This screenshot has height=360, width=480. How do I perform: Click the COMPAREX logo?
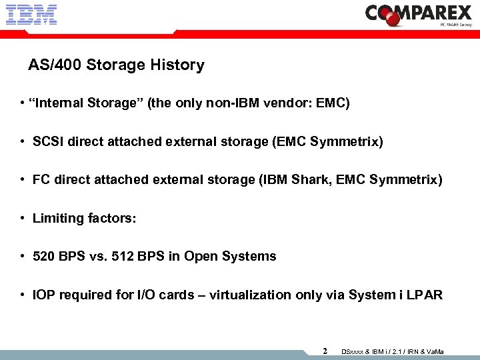pyautogui.click(x=419, y=14)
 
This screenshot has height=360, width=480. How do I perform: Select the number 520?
pyautogui.click(x=44, y=257)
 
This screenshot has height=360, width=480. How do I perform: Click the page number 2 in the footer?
pyautogui.click(x=325, y=351)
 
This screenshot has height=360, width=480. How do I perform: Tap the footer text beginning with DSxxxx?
pyautogui.click(x=393, y=351)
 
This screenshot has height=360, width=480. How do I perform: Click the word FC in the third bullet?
pyautogui.click(x=41, y=180)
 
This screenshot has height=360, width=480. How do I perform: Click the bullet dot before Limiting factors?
pyautogui.click(x=23, y=219)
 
